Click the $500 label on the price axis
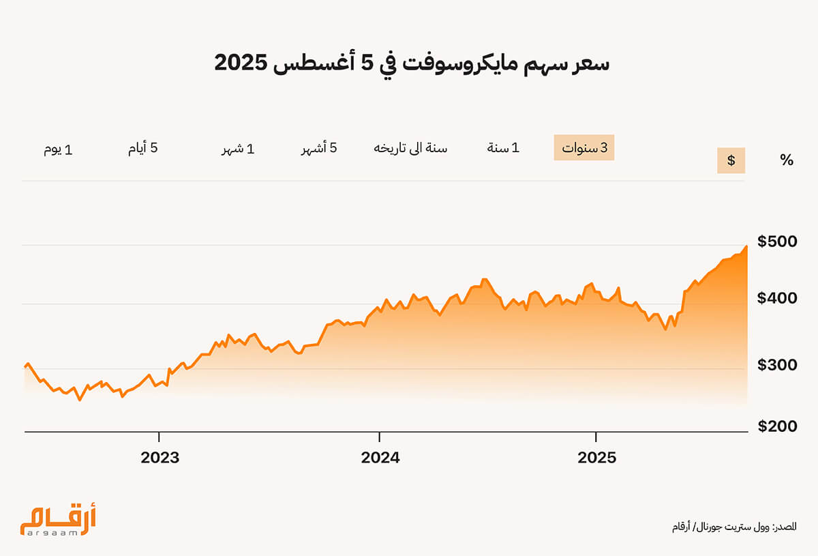777,242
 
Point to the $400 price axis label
777,298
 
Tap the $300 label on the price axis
777,365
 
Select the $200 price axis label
777,426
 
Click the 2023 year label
160,458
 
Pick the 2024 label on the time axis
380,458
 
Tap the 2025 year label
596,458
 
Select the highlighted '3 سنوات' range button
584,147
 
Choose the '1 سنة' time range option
503,147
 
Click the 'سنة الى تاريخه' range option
410,148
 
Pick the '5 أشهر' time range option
319,148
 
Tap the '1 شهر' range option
238,149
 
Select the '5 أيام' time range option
142,148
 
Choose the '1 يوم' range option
58,149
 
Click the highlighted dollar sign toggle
731,160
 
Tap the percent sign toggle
787,160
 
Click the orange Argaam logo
58,519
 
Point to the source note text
734,527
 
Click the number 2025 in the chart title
241,63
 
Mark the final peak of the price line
746,246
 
